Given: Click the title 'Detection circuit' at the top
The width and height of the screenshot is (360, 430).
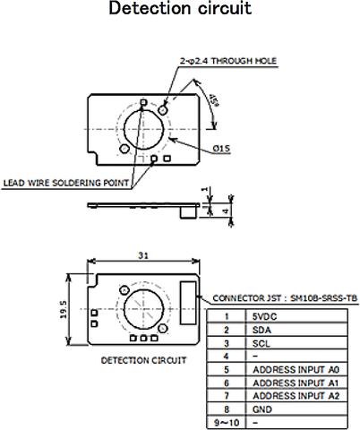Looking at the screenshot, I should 179,10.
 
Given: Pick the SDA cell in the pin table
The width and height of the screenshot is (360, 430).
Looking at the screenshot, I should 265,329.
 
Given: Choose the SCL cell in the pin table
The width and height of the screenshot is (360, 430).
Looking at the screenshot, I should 264,342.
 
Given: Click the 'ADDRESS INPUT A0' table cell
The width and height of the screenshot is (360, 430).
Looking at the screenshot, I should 296,369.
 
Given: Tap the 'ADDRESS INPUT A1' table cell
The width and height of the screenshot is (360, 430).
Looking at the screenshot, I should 296,383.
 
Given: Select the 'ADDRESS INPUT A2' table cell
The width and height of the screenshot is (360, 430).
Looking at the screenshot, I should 296,395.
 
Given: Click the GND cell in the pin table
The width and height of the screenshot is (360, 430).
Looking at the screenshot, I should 265,408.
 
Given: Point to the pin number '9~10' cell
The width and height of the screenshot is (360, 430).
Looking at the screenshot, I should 227,422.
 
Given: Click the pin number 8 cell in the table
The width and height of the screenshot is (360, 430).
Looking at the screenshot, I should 227,408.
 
